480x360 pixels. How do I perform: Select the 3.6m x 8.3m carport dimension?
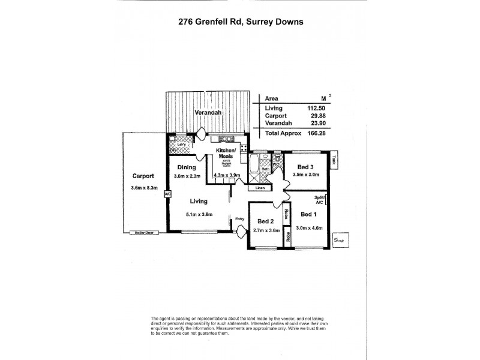click(x=143, y=188)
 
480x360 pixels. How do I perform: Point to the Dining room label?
click(x=185, y=167)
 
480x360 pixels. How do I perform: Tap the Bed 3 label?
click(x=306, y=166)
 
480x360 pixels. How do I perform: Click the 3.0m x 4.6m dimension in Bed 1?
click(x=310, y=226)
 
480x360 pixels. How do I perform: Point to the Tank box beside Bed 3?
click(x=333, y=160)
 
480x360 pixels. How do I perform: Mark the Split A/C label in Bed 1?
click(x=319, y=200)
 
